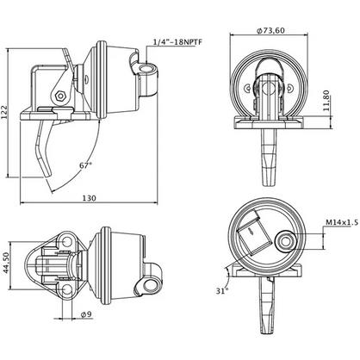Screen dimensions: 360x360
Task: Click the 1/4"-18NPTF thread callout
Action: [x=178, y=42]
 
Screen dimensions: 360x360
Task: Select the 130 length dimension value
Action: [x=90, y=198]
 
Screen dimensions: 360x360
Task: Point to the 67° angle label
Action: [x=86, y=165]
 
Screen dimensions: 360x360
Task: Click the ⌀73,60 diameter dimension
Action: [x=271, y=30]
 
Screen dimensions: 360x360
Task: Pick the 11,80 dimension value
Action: [x=326, y=101]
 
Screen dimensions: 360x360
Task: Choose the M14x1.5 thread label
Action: [x=342, y=222]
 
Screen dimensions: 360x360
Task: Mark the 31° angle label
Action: [x=222, y=291]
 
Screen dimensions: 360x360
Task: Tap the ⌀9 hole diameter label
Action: [x=86, y=314]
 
